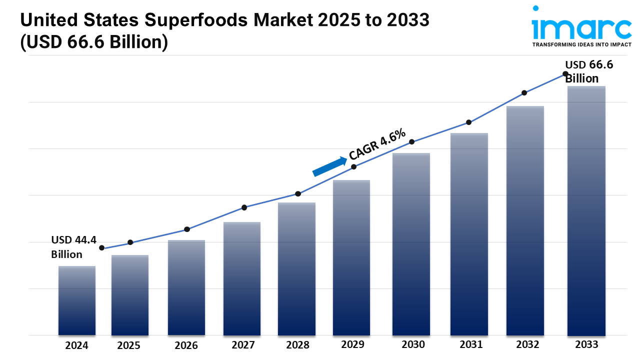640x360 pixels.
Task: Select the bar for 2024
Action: click(x=77, y=300)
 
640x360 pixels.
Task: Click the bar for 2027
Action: click(x=242, y=278)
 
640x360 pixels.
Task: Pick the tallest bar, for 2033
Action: click(x=586, y=210)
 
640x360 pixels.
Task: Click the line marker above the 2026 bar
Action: click(x=187, y=229)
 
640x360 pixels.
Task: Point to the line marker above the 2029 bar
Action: click(x=353, y=167)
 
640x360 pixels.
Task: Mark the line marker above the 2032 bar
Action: click(x=524, y=93)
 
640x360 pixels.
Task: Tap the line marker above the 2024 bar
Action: click(x=102, y=248)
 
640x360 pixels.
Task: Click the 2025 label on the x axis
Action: click(x=129, y=345)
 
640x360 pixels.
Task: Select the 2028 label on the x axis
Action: click(x=297, y=345)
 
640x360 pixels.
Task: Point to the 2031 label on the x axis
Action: click(x=470, y=344)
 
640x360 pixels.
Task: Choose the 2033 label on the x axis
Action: click(x=586, y=344)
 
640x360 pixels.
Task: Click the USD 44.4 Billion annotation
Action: click(x=73, y=247)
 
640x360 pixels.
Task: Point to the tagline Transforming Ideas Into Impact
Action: click(x=581, y=44)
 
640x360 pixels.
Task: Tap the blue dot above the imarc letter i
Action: click(x=535, y=8)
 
